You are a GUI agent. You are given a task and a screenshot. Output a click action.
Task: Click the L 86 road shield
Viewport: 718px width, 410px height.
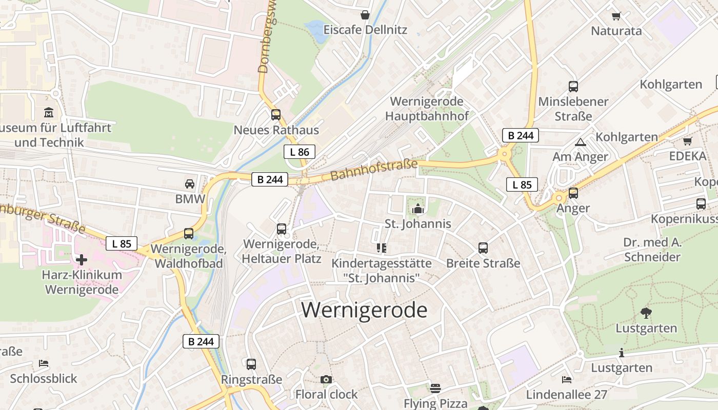coord(300,152)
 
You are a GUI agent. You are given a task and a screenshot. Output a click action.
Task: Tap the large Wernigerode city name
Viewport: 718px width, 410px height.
coord(364,310)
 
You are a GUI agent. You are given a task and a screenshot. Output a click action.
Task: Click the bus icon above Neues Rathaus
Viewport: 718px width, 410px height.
coord(276,115)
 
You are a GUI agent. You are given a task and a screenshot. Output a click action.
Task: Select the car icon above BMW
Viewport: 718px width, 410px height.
coord(190,184)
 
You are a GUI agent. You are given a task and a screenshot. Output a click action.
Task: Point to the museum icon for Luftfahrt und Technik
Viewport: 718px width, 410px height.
coord(49,112)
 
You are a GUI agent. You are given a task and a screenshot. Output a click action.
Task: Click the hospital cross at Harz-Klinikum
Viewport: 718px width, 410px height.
coord(82,260)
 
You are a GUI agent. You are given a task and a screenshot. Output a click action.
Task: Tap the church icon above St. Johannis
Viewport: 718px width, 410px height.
coord(418,209)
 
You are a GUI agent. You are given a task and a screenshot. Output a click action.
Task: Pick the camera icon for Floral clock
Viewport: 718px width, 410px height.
coord(326,380)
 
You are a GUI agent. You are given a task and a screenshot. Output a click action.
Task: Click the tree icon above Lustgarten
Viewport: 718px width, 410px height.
coord(646,313)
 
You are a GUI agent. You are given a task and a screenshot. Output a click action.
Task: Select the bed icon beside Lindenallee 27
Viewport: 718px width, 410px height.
coord(567,380)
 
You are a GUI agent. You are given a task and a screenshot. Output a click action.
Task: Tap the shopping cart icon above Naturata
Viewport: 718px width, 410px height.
coord(616,16)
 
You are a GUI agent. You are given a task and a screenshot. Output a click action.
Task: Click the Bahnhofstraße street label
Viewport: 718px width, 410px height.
coord(374,170)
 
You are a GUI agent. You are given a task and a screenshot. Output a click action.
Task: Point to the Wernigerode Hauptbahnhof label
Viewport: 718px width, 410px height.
coord(427,109)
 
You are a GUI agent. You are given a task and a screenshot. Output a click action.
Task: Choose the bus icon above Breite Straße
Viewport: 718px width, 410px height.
coord(483,248)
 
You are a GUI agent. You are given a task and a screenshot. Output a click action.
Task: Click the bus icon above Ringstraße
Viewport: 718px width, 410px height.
coord(251,364)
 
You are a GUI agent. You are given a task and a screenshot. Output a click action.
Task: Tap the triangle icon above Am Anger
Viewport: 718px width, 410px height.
coord(581,142)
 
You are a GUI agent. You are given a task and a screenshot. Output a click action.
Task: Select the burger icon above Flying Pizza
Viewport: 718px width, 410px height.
coord(435,388)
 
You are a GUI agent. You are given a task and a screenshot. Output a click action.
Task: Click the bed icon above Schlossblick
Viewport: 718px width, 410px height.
coord(44,363)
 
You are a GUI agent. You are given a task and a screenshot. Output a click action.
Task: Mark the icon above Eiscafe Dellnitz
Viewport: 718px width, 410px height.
coord(365,15)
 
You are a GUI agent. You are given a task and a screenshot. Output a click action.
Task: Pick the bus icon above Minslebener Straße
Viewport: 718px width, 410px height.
coord(573,87)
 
